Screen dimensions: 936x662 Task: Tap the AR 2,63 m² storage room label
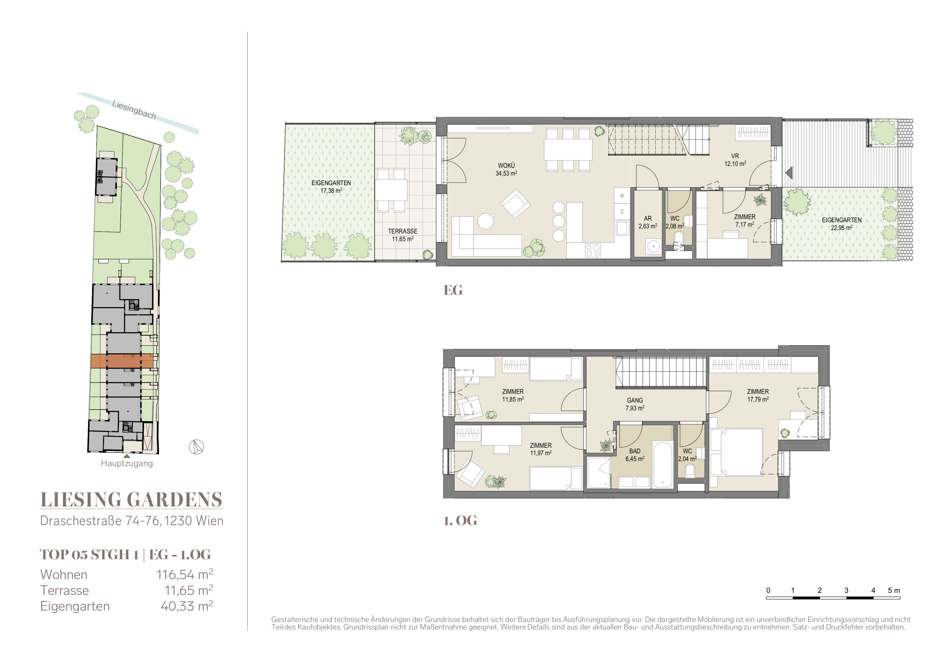(x=648, y=223)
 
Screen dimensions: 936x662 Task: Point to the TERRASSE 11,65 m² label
(x=403, y=235)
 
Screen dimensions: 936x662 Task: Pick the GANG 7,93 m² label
(x=635, y=404)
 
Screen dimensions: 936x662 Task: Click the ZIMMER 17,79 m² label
(x=758, y=395)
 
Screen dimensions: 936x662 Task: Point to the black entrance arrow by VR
(x=788, y=173)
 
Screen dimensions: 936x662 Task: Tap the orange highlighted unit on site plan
(x=122, y=361)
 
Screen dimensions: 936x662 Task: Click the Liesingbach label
(x=134, y=110)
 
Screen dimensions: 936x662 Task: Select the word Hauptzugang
(x=127, y=464)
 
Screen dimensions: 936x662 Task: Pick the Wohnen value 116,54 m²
(x=185, y=574)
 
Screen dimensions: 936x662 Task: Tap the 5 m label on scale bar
(x=894, y=590)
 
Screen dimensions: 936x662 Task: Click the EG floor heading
(x=453, y=290)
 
